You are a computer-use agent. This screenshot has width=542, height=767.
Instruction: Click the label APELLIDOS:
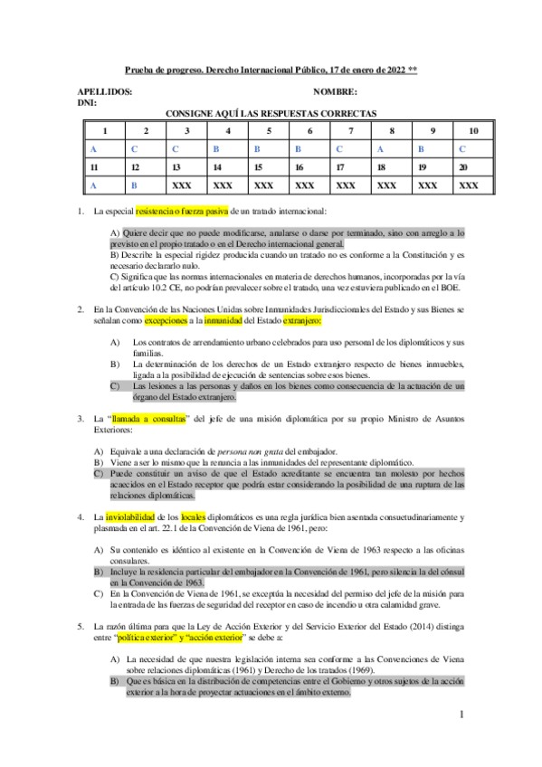point(106,92)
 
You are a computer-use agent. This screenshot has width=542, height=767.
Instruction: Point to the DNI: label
point(89,103)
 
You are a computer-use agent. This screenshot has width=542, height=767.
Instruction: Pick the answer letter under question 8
point(381,148)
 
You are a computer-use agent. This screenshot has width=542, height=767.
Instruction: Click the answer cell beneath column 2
point(134,148)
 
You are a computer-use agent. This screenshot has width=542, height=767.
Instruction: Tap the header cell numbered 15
point(257,166)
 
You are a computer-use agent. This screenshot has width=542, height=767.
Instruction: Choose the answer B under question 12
point(134,185)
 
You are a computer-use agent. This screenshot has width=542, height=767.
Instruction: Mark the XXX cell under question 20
point(468,185)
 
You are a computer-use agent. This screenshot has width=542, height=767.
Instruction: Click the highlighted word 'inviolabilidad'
point(132,516)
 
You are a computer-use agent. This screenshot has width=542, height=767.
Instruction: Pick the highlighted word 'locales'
point(195,516)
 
